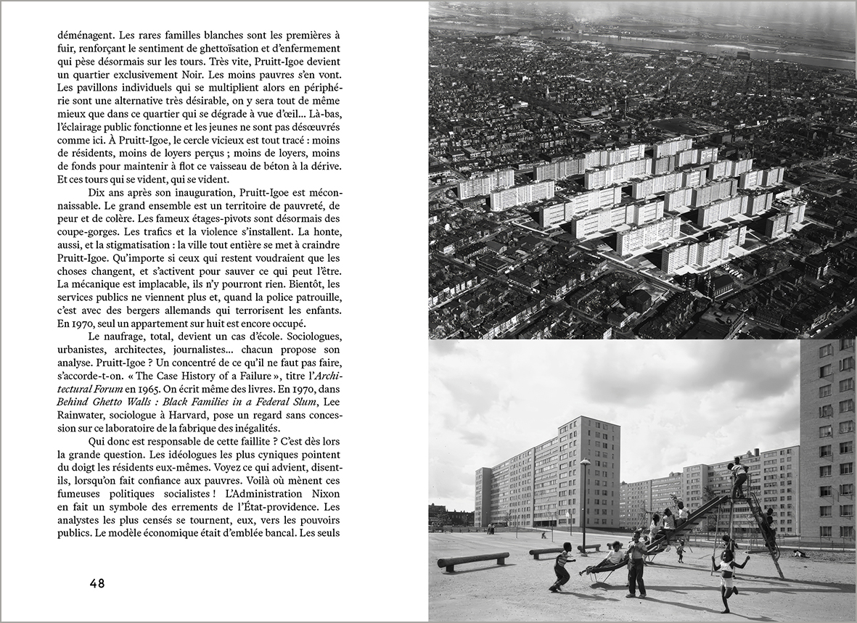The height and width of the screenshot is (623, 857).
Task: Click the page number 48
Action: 97,583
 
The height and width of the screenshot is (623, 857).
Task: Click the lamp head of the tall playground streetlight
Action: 585,462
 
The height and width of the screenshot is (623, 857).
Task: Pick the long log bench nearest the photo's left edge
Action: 472,559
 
